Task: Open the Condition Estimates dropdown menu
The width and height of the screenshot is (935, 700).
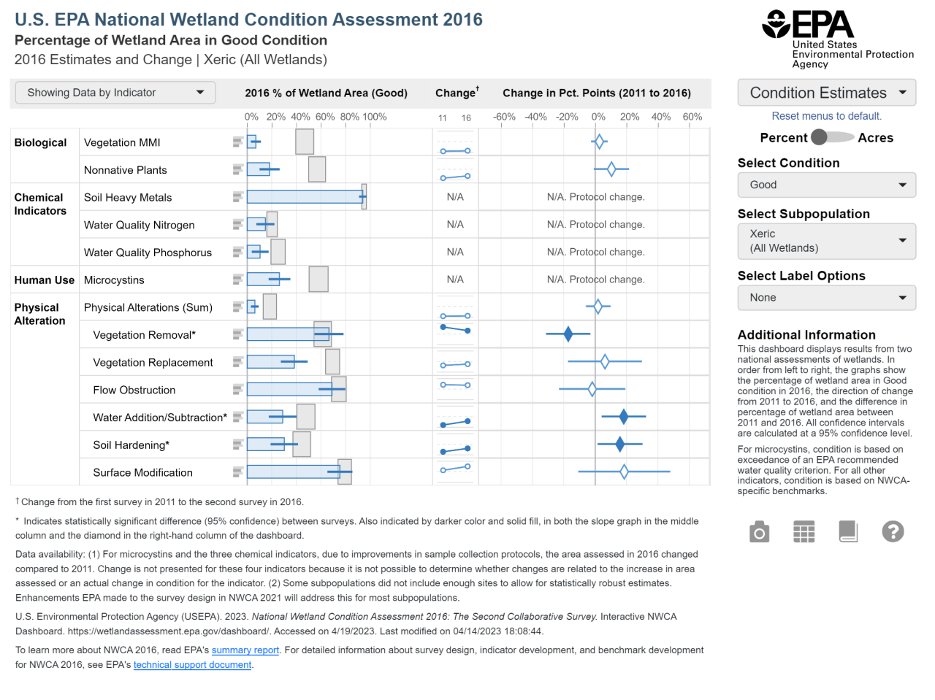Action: (x=826, y=93)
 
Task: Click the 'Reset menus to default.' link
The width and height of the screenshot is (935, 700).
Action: (x=826, y=116)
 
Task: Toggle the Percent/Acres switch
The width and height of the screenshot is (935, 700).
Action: (x=832, y=137)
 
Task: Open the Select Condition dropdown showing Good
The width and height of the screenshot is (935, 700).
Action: (x=826, y=185)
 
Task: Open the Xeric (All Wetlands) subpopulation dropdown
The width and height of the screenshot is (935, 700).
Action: (x=826, y=241)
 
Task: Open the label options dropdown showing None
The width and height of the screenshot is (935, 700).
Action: (x=826, y=298)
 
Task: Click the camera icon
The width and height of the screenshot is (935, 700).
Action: (x=759, y=532)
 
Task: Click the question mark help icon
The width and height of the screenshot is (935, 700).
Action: (x=893, y=532)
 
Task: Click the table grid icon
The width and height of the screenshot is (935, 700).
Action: (x=804, y=532)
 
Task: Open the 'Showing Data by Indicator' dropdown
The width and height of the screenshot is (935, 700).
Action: (x=115, y=93)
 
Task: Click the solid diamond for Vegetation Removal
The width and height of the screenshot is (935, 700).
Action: (x=568, y=334)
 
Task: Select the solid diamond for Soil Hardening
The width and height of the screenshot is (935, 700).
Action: (x=619, y=444)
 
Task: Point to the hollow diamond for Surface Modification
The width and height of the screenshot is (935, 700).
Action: (x=624, y=472)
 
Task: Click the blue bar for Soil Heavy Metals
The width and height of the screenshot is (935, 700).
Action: (x=304, y=197)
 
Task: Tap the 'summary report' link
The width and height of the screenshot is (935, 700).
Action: (x=245, y=650)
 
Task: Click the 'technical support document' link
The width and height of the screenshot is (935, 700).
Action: (x=192, y=665)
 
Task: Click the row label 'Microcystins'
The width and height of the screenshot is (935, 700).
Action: (x=114, y=280)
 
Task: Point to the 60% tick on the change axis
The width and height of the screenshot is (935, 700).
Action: (x=692, y=117)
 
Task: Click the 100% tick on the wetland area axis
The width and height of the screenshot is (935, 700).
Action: (x=374, y=117)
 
